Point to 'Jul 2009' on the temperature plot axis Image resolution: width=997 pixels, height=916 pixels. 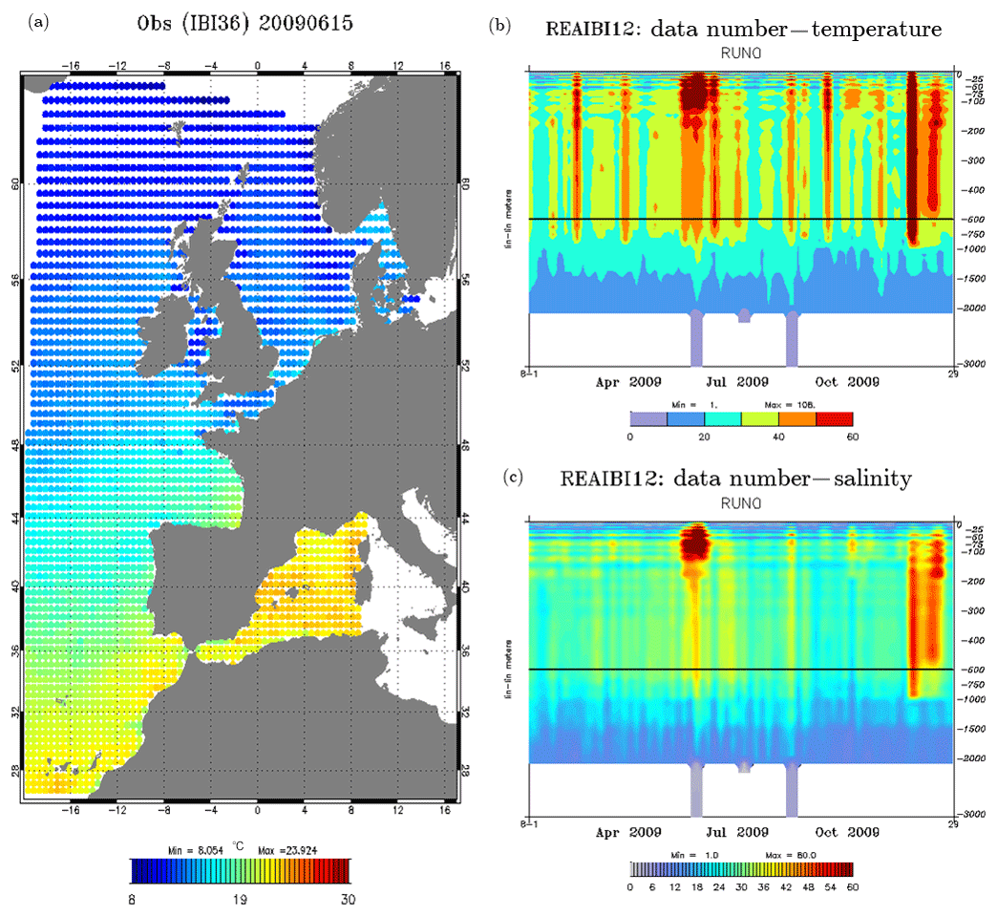click(x=739, y=381)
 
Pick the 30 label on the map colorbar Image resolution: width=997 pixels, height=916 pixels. click(x=348, y=899)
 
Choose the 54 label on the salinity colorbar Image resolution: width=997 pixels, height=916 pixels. click(x=829, y=886)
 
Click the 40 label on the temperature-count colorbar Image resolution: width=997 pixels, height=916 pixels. click(x=778, y=436)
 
